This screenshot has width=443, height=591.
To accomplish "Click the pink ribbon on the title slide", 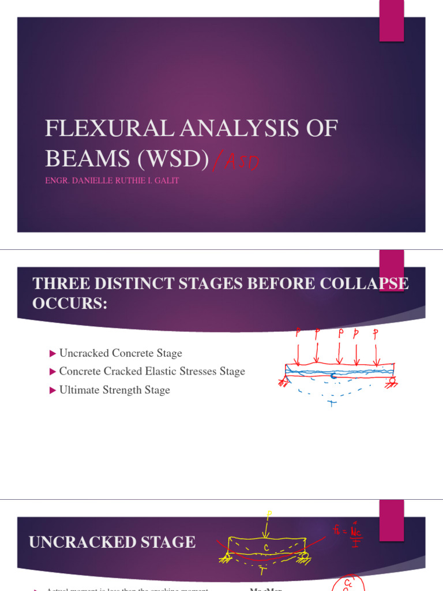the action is pyautogui.click(x=391, y=21).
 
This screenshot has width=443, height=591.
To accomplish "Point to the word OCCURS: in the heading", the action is pyautogui.click(x=70, y=304).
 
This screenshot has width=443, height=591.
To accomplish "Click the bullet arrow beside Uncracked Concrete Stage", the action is pyautogui.click(x=53, y=353).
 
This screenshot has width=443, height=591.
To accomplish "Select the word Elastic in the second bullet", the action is pyautogui.click(x=170, y=371).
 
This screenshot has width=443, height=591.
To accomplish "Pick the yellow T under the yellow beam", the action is pyautogui.click(x=262, y=571).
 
